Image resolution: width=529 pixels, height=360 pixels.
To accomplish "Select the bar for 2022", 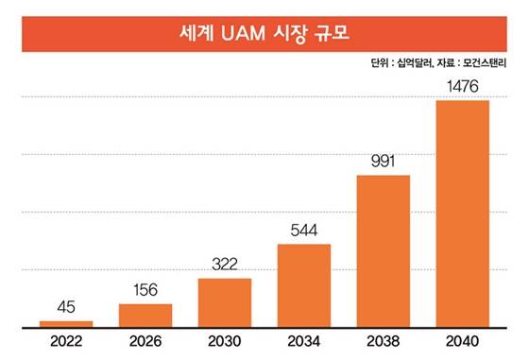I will click(x=65, y=323).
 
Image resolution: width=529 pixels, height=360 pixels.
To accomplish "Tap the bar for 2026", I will click(x=145, y=315).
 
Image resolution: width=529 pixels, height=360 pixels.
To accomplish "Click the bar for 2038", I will click(x=383, y=250).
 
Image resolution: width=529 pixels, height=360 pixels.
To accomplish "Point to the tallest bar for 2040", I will click(x=462, y=214).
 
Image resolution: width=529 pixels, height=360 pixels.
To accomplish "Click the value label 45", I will click(x=65, y=306).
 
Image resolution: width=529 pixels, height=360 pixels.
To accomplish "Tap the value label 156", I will click(x=145, y=290).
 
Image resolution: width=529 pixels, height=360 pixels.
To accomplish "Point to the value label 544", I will click(x=303, y=231).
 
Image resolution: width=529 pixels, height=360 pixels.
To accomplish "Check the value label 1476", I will click(x=462, y=87).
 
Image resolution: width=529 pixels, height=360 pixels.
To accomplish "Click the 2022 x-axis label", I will click(x=65, y=341).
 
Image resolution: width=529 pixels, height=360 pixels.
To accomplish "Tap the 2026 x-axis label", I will click(x=145, y=341).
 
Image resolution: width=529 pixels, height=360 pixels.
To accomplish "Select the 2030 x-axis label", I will click(x=224, y=341).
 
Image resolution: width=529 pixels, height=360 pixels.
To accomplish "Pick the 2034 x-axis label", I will click(x=303, y=341).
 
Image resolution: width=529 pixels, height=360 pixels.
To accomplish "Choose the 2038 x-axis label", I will click(x=383, y=341).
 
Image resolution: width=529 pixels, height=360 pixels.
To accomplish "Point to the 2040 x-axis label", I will click(x=462, y=341).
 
